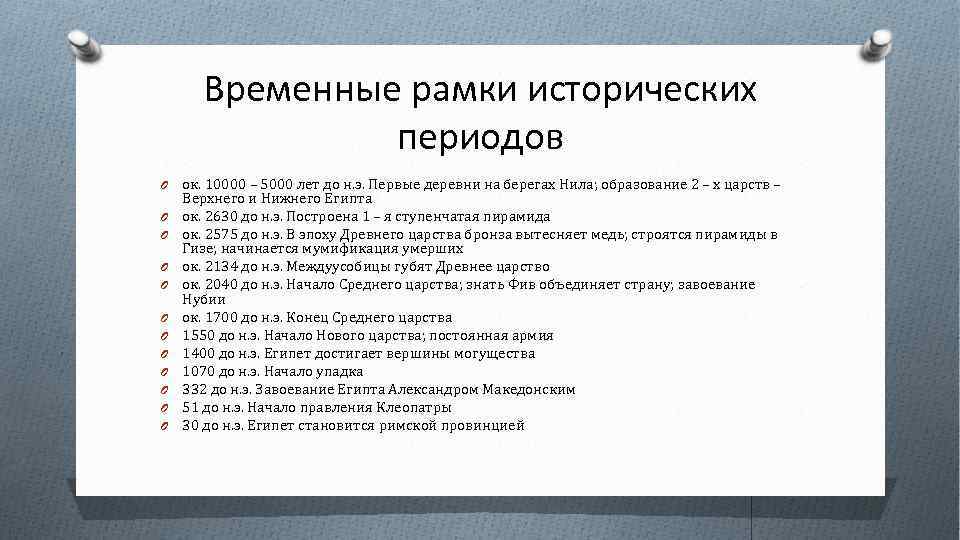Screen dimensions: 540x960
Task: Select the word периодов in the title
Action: coord(480,136)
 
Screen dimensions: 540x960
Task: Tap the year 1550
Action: coord(197,336)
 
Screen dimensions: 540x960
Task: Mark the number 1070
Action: coord(197,371)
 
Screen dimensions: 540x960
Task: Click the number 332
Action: coord(194,389)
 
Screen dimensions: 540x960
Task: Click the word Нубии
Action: coord(204,299)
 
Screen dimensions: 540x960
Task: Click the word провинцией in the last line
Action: coord(489,425)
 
